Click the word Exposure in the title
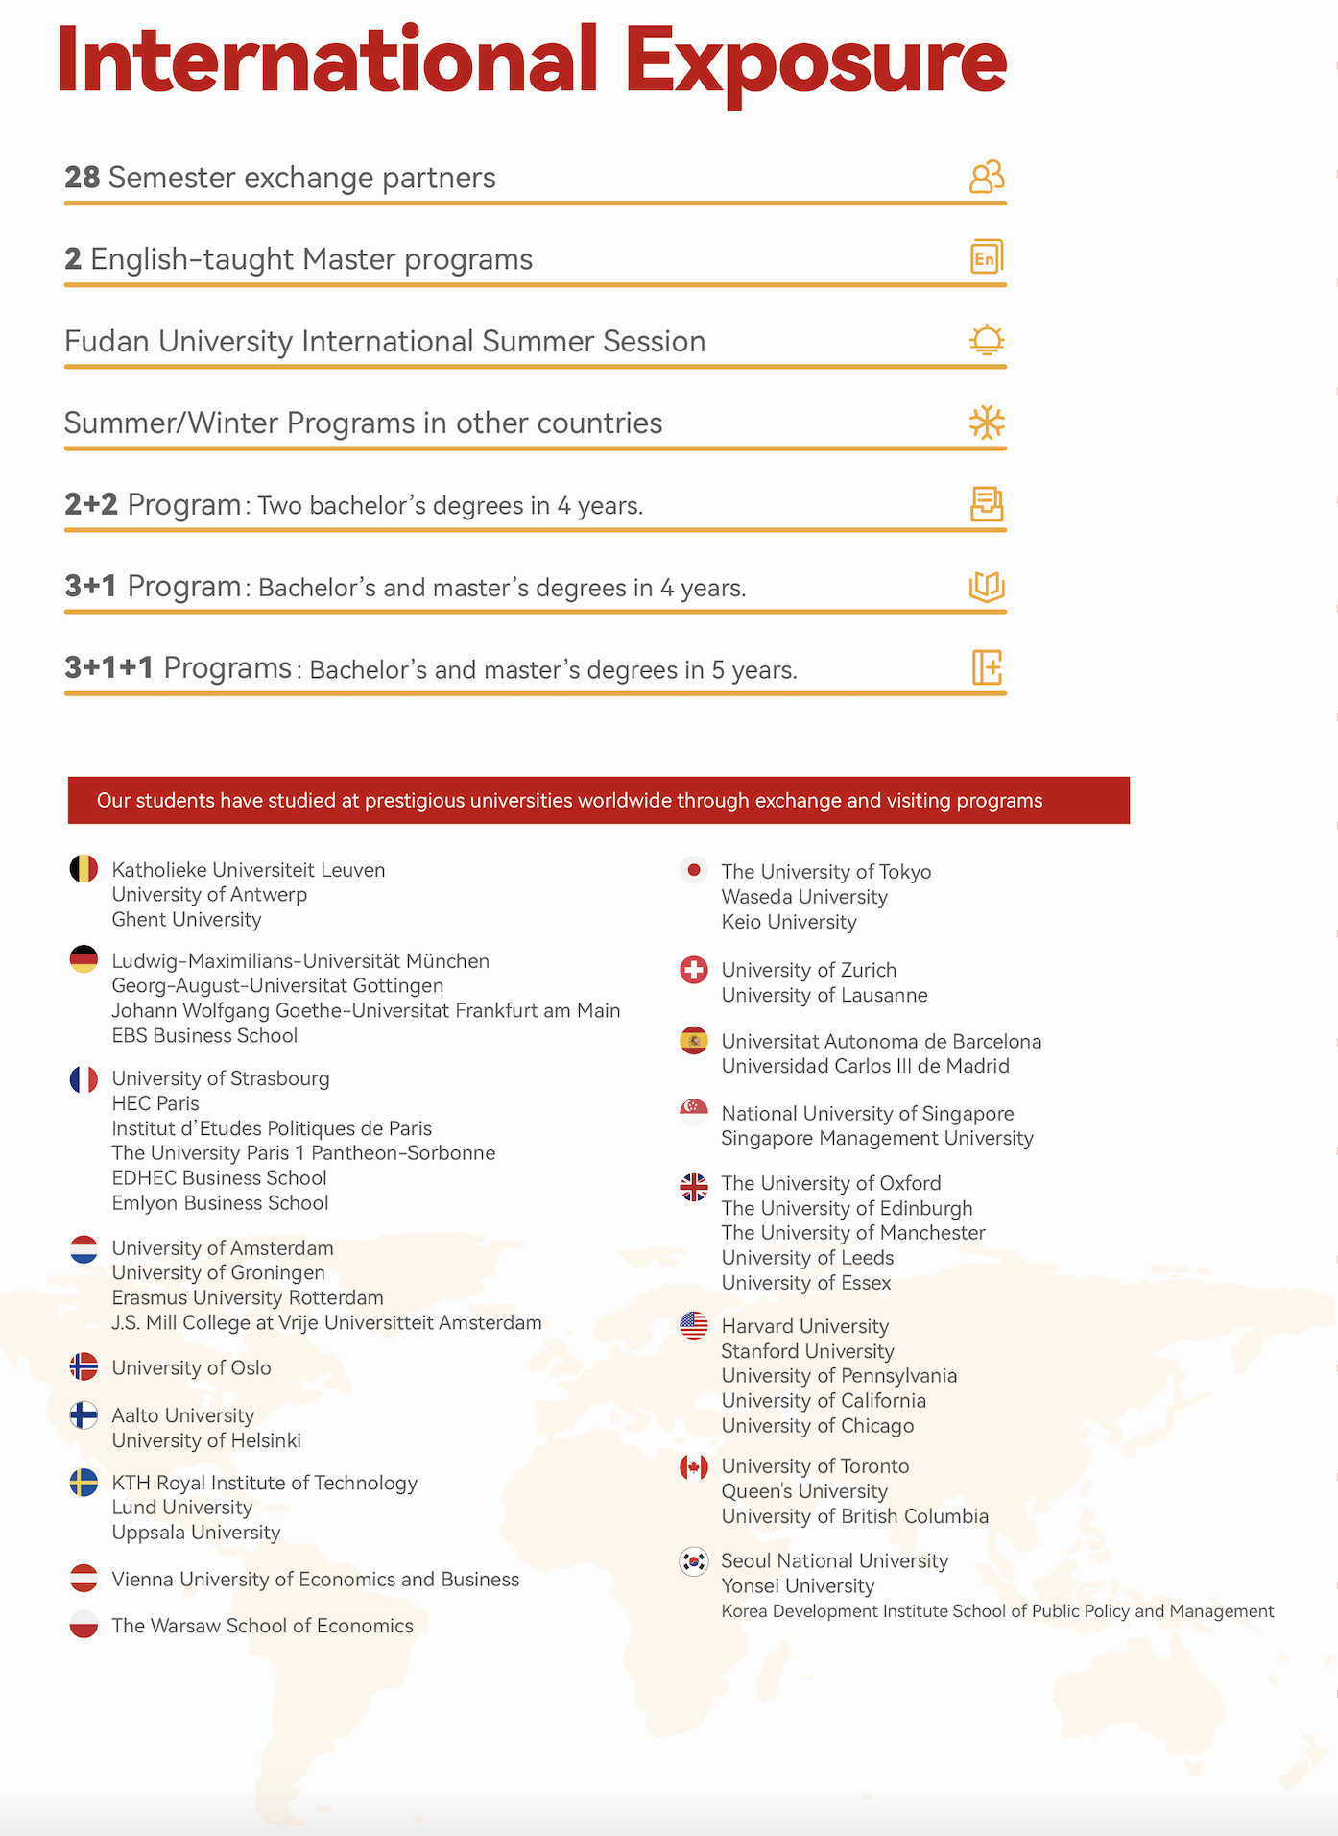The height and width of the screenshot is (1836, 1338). pos(815,61)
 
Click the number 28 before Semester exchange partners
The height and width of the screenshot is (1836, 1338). pos(82,178)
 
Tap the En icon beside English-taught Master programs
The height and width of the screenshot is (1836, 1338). pos(986,257)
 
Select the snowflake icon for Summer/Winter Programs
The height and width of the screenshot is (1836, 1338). pos(986,423)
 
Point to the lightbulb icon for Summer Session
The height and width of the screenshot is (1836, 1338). pos(986,340)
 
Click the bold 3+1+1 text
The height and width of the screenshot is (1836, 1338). pos(108,667)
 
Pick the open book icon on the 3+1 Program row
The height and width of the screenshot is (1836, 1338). pos(986,586)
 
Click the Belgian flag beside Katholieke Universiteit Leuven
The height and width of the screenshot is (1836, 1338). pos(84,869)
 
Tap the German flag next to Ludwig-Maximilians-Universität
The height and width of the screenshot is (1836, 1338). pos(84,959)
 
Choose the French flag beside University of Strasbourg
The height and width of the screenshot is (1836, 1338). pos(84,1079)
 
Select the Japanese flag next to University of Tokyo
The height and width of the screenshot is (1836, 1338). pos(693,871)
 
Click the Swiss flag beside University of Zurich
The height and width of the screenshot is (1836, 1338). pos(693,970)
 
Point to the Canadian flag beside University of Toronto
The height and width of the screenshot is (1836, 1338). pos(693,1467)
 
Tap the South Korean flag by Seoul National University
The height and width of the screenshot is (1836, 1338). pos(693,1561)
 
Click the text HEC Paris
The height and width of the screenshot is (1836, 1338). pos(155,1103)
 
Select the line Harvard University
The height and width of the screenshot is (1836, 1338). pos(804,1326)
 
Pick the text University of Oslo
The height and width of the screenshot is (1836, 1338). pos(191,1367)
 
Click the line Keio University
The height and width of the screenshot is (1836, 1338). pos(788,922)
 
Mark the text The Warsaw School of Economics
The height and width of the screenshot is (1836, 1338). pos(262,1626)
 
